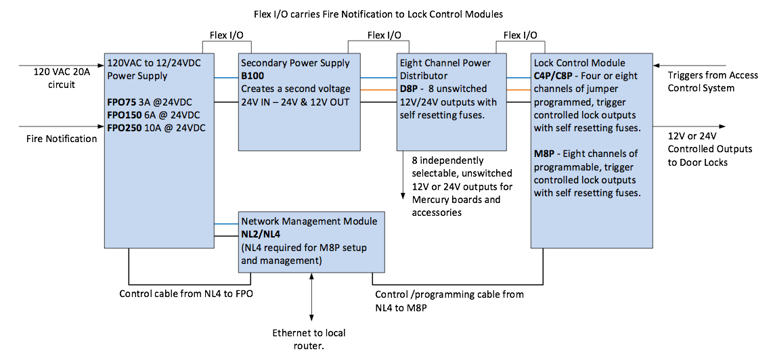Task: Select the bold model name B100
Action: (254, 76)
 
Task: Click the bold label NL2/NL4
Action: (261, 234)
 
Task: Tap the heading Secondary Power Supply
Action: (295, 63)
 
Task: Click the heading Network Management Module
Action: (309, 221)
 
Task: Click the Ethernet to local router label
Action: (309, 339)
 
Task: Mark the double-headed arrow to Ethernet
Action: (311, 298)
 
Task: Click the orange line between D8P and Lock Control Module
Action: (519, 89)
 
